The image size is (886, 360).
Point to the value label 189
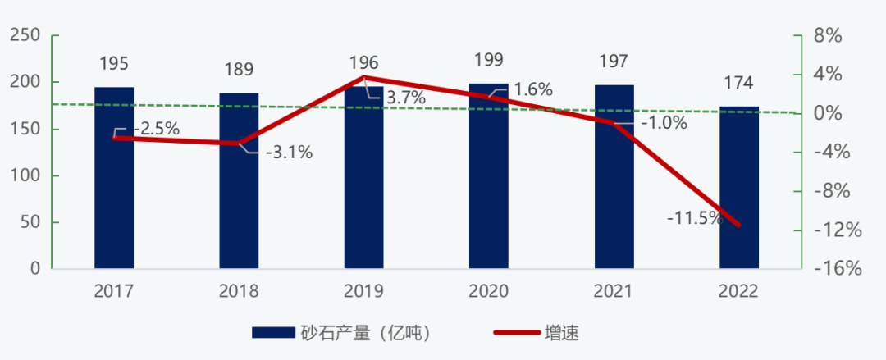point(239,69)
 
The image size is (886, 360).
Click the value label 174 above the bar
point(739,83)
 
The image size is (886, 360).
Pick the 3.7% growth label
point(406,98)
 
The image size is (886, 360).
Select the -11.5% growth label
point(694,218)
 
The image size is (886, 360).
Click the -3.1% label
point(289,153)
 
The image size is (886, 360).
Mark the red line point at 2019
point(364,77)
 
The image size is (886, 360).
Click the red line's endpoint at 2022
point(739,225)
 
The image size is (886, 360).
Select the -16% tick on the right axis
point(830,269)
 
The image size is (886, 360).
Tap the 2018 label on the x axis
point(239,291)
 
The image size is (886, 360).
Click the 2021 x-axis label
point(614,291)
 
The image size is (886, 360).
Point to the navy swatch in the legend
point(272,333)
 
